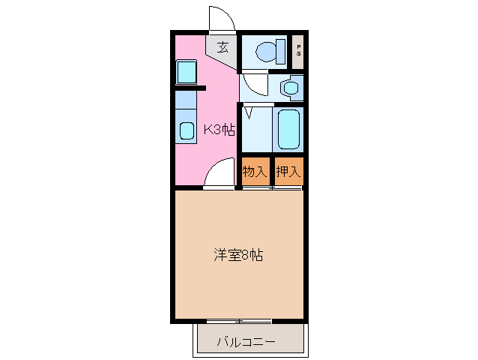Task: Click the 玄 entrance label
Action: coord(223,47)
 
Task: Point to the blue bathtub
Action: coord(288,129)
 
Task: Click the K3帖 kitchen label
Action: coord(220,129)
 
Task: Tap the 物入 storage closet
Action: coord(255,172)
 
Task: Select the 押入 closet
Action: coord(288,172)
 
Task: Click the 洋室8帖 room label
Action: coord(238,255)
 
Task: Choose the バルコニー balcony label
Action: coord(246,342)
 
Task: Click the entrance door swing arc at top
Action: coord(220,19)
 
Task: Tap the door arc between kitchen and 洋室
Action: coord(220,175)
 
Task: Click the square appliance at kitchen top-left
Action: coord(186,73)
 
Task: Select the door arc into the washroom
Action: coord(254,84)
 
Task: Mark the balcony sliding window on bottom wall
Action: coord(238,321)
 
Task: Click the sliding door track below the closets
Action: coord(271,187)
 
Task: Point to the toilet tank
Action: coord(283,51)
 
